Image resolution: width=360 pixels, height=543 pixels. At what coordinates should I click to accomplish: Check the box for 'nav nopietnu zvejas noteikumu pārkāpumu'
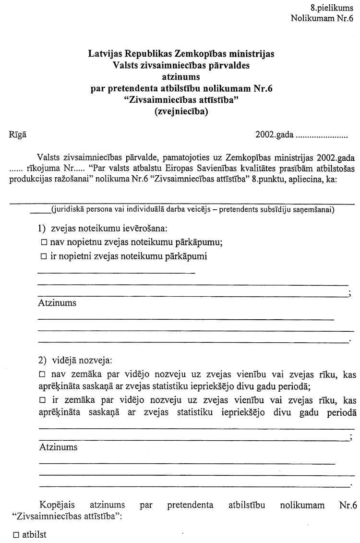click(x=44, y=242)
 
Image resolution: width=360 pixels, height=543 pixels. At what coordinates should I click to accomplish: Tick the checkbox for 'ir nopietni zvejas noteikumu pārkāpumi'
click(x=44, y=257)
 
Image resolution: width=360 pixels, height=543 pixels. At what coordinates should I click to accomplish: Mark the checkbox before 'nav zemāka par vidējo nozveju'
click(x=42, y=374)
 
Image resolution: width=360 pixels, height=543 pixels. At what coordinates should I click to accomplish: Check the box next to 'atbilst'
click(x=16, y=535)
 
